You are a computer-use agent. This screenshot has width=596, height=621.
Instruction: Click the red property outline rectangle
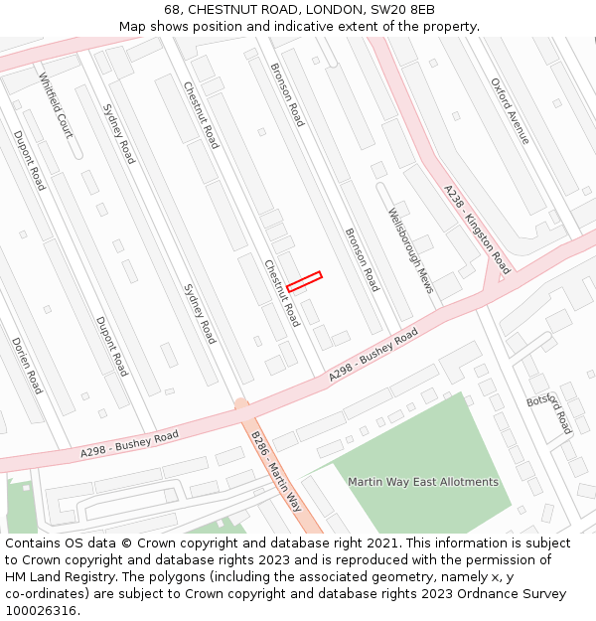coord(304,281)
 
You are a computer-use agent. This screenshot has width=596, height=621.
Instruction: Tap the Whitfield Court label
coord(56,105)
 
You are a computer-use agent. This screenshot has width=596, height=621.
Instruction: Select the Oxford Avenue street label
coord(511,110)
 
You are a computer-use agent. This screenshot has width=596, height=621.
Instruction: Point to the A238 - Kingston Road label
coord(477,230)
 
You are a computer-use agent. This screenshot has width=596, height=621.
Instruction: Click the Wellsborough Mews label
coord(410,250)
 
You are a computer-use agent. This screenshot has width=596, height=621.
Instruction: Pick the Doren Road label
coord(27,365)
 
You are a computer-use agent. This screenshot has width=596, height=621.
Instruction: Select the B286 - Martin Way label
coord(276,470)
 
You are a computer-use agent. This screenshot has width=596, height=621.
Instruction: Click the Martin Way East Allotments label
coord(423,482)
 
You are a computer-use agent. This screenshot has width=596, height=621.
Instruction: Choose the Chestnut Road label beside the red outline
coord(281,293)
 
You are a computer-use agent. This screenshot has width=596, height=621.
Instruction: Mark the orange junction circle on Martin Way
coord(240,404)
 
